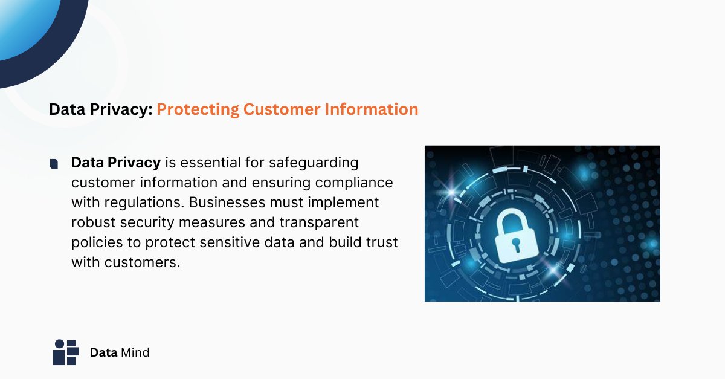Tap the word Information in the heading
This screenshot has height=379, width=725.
[372, 109]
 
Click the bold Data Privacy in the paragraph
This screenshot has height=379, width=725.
[116, 163]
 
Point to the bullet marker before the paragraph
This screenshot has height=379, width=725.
[54, 164]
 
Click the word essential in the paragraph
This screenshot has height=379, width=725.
[208, 163]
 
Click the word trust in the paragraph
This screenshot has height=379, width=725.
[382, 242]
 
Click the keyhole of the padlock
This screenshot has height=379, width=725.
[517, 245]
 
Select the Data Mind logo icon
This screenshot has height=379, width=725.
[66, 352]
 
